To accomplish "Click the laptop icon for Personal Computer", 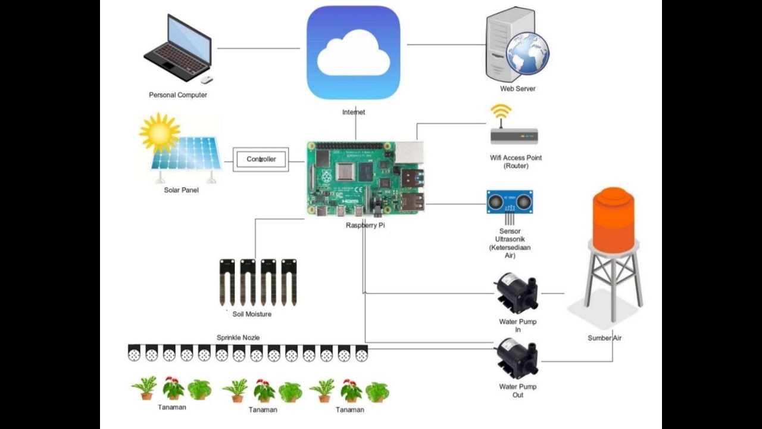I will click(x=178, y=49).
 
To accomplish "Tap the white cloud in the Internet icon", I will click(x=354, y=54).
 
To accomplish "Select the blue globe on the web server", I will click(x=527, y=54).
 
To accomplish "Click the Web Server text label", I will click(x=517, y=89).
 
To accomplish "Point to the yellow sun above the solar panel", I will click(x=159, y=132).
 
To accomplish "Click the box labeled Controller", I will click(x=261, y=159).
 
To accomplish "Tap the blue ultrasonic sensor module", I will click(x=510, y=202).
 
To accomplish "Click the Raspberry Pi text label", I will click(x=365, y=226).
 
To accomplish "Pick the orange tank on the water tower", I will click(x=613, y=219).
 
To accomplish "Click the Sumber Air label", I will click(x=604, y=338).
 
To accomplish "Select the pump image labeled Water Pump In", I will click(x=517, y=293).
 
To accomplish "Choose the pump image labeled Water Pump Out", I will click(x=517, y=358).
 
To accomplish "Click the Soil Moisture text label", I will click(x=252, y=314).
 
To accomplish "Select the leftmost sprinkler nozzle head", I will click(x=135, y=353).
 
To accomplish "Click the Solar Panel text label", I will click(x=181, y=190).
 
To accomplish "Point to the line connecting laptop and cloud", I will click(x=258, y=48).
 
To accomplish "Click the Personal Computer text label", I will click(x=178, y=95).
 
